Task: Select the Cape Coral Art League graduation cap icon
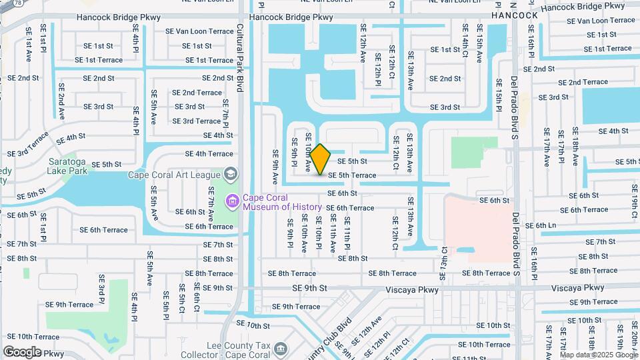coord(231,175)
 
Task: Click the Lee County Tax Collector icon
coord(281,349)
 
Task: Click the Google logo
coord(22,352)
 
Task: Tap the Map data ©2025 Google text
coord(598,355)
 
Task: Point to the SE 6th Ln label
coord(540,225)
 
